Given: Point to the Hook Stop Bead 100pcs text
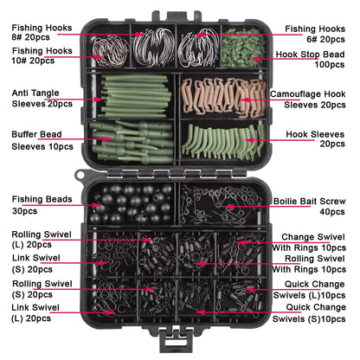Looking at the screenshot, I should coord(317,58).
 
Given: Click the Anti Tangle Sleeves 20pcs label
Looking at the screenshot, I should coord(42,97).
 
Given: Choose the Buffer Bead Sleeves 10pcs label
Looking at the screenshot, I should coord(41,141).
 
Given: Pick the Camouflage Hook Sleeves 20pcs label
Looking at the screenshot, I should coord(317,97).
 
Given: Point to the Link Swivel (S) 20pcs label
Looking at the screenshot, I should coord(38,264).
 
